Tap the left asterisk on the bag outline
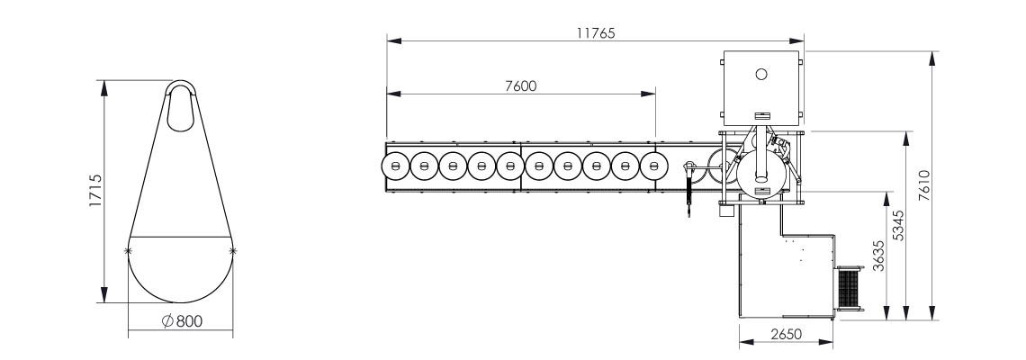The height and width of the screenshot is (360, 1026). [x=129, y=250]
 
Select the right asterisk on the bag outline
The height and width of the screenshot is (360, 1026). [x=233, y=250]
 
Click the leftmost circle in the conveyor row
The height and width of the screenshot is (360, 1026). [x=396, y=166]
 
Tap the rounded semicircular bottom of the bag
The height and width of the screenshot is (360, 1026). [x=181, y=274]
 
